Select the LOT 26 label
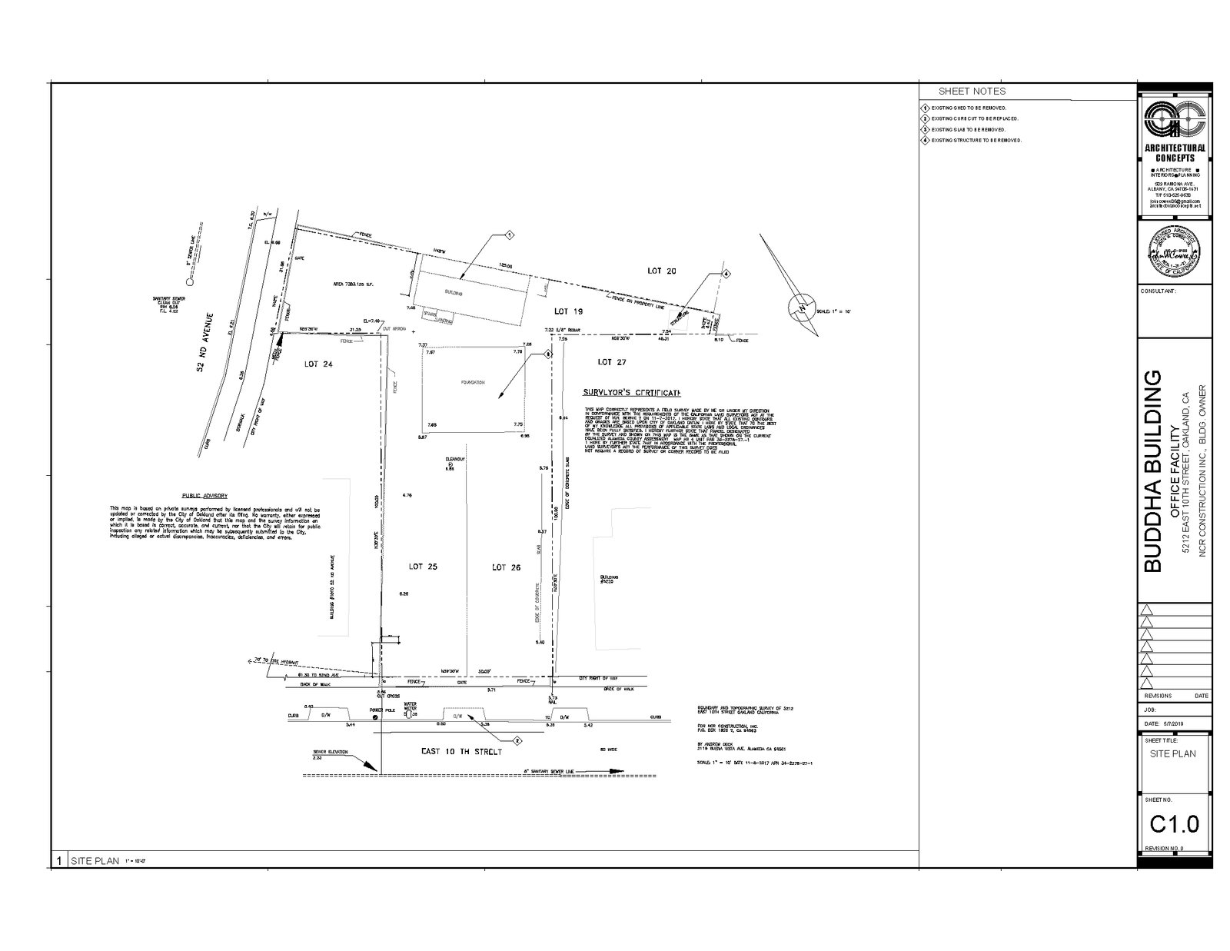point(506,567)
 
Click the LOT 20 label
point(660,271)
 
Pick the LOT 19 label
point(570,311)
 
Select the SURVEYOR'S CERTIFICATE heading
point(634,392)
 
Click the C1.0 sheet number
point(1174,824)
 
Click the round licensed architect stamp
point(1175,251)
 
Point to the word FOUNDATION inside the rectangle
point(472,382)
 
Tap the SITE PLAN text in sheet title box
point(1173,753)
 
